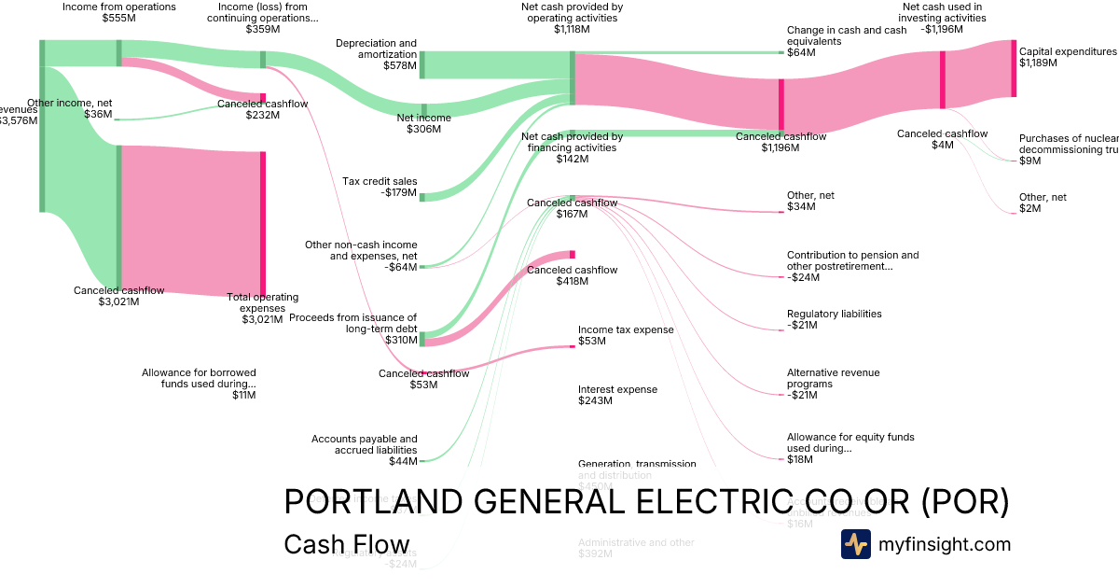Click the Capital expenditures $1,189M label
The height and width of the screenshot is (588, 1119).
click(x=1068, y=58)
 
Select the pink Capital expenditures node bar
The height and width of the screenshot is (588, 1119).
click(x=1014, y=68)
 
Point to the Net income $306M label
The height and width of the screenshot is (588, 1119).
click(x=423, y=123)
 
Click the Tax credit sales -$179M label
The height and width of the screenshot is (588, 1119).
click(x=380, y=187)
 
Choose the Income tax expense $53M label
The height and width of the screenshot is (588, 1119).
click(x=625, y=335)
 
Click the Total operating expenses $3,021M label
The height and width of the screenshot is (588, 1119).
click(x=262, y=308)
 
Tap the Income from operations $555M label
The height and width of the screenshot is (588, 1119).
click(x=118, y=12)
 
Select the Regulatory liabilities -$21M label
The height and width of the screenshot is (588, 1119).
click(x=834, y=319)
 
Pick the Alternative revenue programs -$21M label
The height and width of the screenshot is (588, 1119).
click(x=833, y=384)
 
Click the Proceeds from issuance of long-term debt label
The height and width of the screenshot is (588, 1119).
click(x=353, y=323)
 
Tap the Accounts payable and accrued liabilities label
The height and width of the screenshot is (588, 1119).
click(x=365, y=450)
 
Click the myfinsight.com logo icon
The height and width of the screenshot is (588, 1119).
click(x=855, y=544)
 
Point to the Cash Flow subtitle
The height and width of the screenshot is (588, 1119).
click(x=346, y=545)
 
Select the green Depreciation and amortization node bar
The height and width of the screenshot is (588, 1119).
click(x=421, y=64)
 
